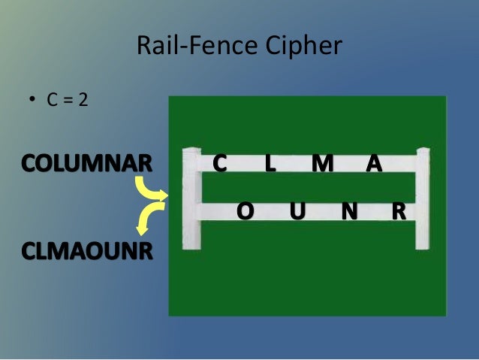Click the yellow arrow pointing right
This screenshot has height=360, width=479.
153,192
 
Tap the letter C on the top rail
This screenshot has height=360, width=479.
220,163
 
